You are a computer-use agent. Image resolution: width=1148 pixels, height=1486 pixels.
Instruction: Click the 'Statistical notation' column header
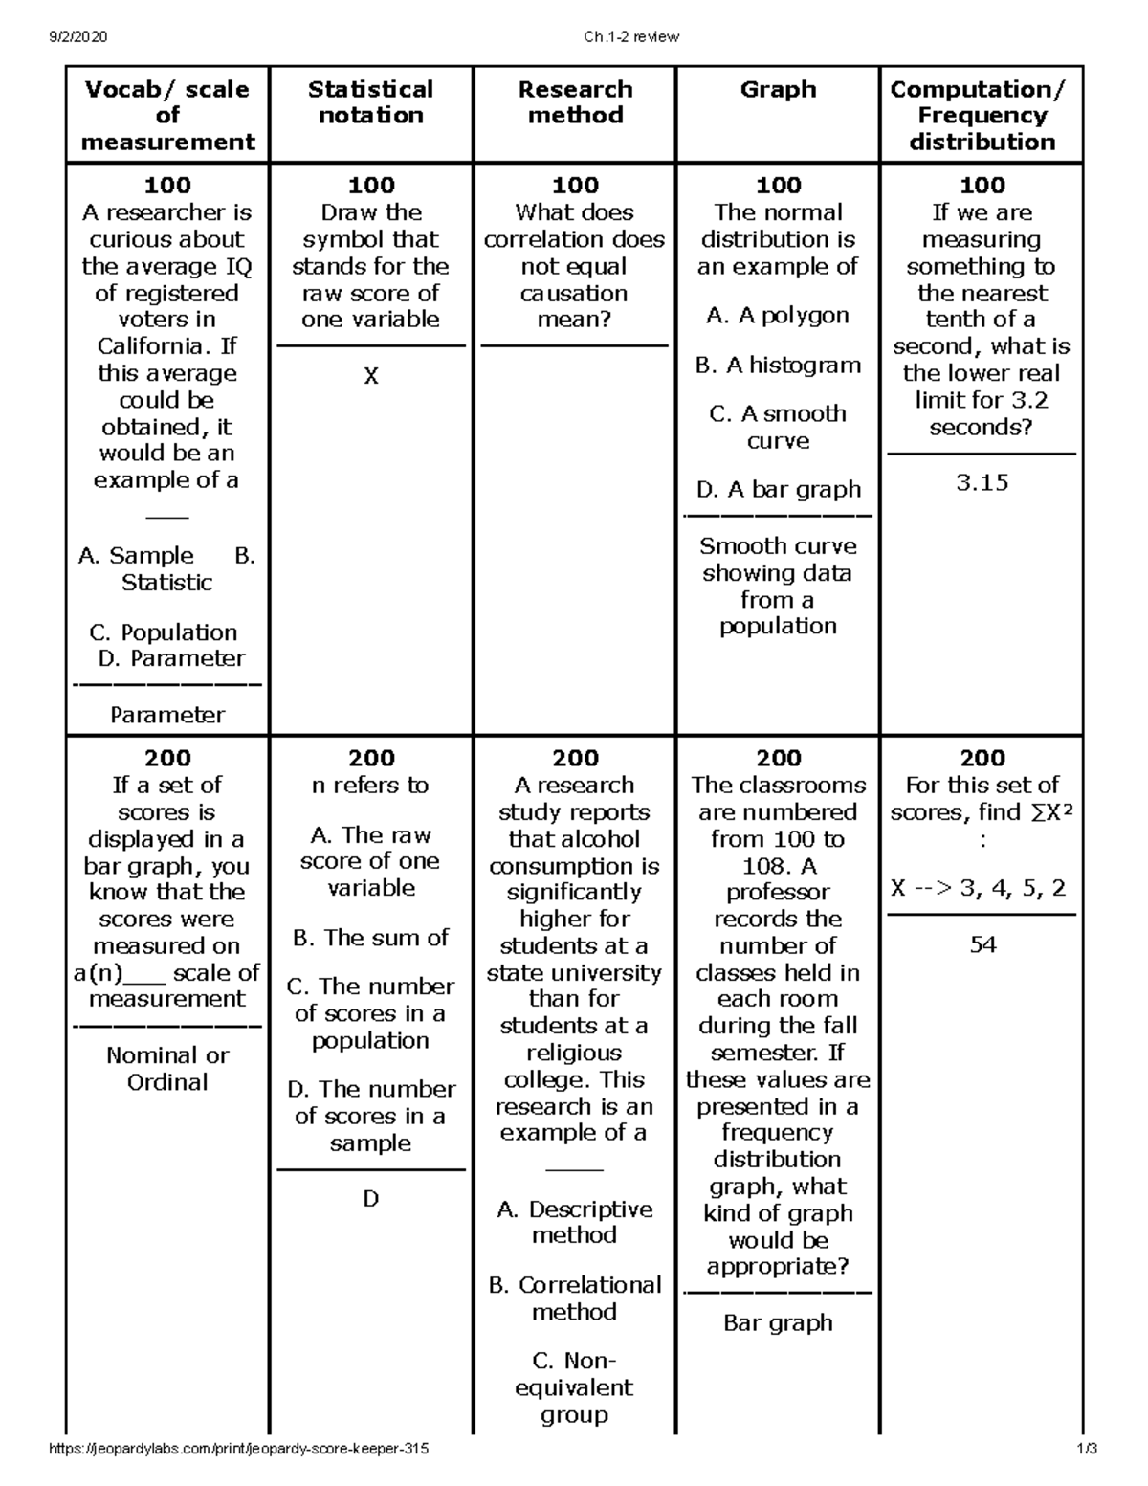click(370, 102)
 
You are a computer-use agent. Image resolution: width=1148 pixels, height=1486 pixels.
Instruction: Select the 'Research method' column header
click(575, 102)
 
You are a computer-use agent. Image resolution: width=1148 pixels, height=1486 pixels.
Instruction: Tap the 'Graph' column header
click(778, 90)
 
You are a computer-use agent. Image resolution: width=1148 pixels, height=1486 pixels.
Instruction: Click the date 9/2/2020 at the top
click(78, 37)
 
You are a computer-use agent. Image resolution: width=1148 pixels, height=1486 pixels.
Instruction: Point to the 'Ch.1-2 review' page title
click(630, 37)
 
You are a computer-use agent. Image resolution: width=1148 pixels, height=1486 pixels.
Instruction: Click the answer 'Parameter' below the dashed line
click(167, 715)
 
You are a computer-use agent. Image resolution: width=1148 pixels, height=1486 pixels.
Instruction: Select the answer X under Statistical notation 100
click(371, 376)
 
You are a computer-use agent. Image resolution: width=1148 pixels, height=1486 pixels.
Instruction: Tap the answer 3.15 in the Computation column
click(982, 482)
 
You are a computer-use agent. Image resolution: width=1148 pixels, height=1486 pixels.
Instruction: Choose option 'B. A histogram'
click(778, 366)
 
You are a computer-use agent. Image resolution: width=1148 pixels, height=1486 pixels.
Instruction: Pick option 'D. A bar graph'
click(778, 490)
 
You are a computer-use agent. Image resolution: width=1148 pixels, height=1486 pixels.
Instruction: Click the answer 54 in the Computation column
click(982, 945)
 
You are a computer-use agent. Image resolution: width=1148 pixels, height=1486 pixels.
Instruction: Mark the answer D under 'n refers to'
click(371, 1199)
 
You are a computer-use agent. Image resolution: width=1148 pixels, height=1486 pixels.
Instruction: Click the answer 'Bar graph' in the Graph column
click(778, 1323)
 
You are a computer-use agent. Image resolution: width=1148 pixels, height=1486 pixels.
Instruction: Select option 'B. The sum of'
click(371, 938)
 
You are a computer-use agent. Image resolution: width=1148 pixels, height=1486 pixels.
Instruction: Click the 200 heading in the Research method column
click(575, 759)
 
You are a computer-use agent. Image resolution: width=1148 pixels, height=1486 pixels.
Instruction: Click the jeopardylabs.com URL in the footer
click(238, 1450)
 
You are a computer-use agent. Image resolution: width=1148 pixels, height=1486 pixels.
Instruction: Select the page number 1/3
click(1086, 1450)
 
